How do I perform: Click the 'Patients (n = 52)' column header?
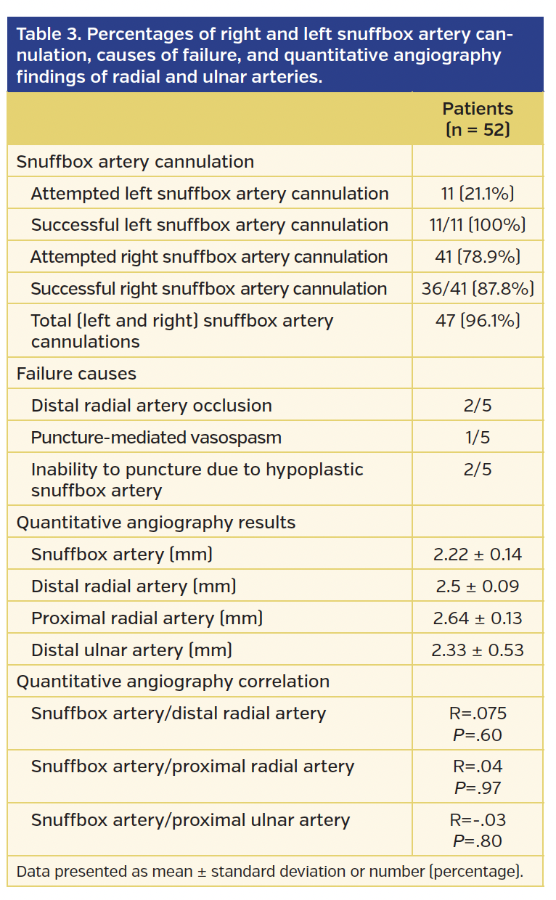click(x=477, y=119)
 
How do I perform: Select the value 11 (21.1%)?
click(x=477, y=194)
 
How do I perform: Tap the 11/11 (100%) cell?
click(x=477, y=226)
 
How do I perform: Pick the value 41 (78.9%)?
click(x=477, y=257)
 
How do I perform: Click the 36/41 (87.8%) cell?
click(x=477, y=289)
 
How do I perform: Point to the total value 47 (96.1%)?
click(x=477, y=321)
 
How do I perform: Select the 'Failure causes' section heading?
click(x=76, y=374)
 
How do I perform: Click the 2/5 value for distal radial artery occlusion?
click(x=477, y=406)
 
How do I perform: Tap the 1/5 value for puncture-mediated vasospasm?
click(x=477, y=438)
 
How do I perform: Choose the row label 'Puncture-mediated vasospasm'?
click(x=156, y=438)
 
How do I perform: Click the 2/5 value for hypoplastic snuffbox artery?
click(x=477, y=470)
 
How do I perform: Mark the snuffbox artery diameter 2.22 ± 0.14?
click(x=477, y=555)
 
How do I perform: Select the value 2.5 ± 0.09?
click(x=477, y=586)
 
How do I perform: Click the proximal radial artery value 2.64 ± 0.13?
click(x=477, y=618)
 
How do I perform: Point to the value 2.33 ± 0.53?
click(x=477, y=650)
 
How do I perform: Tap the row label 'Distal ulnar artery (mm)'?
click(x=131, y=650)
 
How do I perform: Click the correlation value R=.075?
click(x=477, y=713)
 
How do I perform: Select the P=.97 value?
click(x=477, y=787)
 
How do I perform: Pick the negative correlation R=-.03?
click(x=477, y=820)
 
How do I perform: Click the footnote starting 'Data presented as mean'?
click(x=269, y=872)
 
